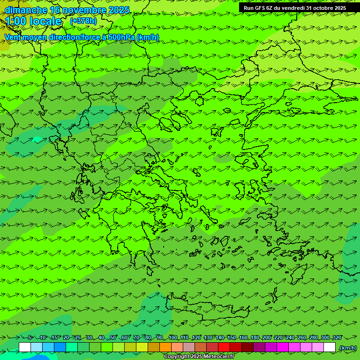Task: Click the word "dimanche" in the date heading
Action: point(26,10)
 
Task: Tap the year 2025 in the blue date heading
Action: point(119,10)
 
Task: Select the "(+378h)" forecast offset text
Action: point(83,21)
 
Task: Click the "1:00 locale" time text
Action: point(33,21)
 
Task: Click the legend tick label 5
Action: point(30,337)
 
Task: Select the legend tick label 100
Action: point(173,337)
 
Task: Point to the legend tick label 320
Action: point(337,337)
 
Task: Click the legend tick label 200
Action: point(267,337)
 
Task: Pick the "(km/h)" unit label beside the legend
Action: point(348,348)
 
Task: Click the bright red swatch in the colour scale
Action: point(224,347)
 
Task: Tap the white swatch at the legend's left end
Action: point(25,347)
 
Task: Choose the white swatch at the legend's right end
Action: point(330,347)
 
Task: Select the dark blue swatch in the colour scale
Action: point(60,347)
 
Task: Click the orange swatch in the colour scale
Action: point(165,347)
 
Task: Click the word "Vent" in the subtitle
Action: point(13,37)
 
